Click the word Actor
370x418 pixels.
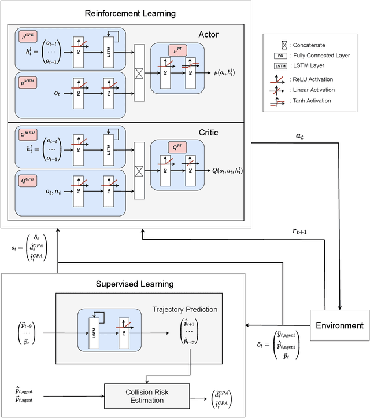pos(209,35)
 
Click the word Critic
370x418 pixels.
pos(208,132)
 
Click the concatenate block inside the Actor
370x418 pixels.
pos(139,72)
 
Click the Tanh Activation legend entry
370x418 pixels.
pos(312,101)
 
